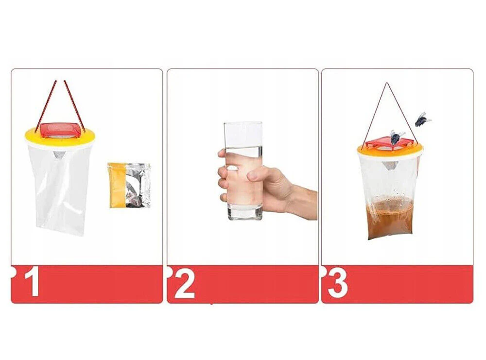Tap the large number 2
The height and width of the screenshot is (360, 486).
click(x=185, y=283)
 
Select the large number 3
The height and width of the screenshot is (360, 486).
click(x=338, y=283)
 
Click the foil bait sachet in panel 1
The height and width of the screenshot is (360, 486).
click(x=129, y=185)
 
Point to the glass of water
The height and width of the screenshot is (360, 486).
click(x=243, y=171)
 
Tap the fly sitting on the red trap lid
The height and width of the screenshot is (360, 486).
click(x=397, y=137)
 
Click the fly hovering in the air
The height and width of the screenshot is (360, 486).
click(x=422, y=120)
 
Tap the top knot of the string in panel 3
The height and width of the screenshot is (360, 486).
click(x=386, y=83)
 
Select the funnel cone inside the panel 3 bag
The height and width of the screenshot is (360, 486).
click(x=390, y=166)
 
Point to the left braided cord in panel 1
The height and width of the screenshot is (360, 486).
click(x=46, y=105)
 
